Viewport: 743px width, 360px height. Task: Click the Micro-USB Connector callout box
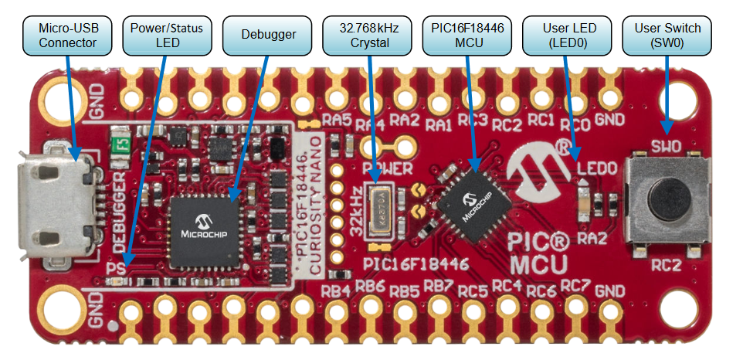pos(68,36)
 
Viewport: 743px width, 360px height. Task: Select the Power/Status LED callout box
pos(167,36)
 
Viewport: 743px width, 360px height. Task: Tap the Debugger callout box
pos(268,36)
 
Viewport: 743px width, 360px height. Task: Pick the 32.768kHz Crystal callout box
pos(369,36)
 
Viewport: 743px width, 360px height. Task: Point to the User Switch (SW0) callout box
pos(667,36)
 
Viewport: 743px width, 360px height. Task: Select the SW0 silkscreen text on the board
pos(666,146)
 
